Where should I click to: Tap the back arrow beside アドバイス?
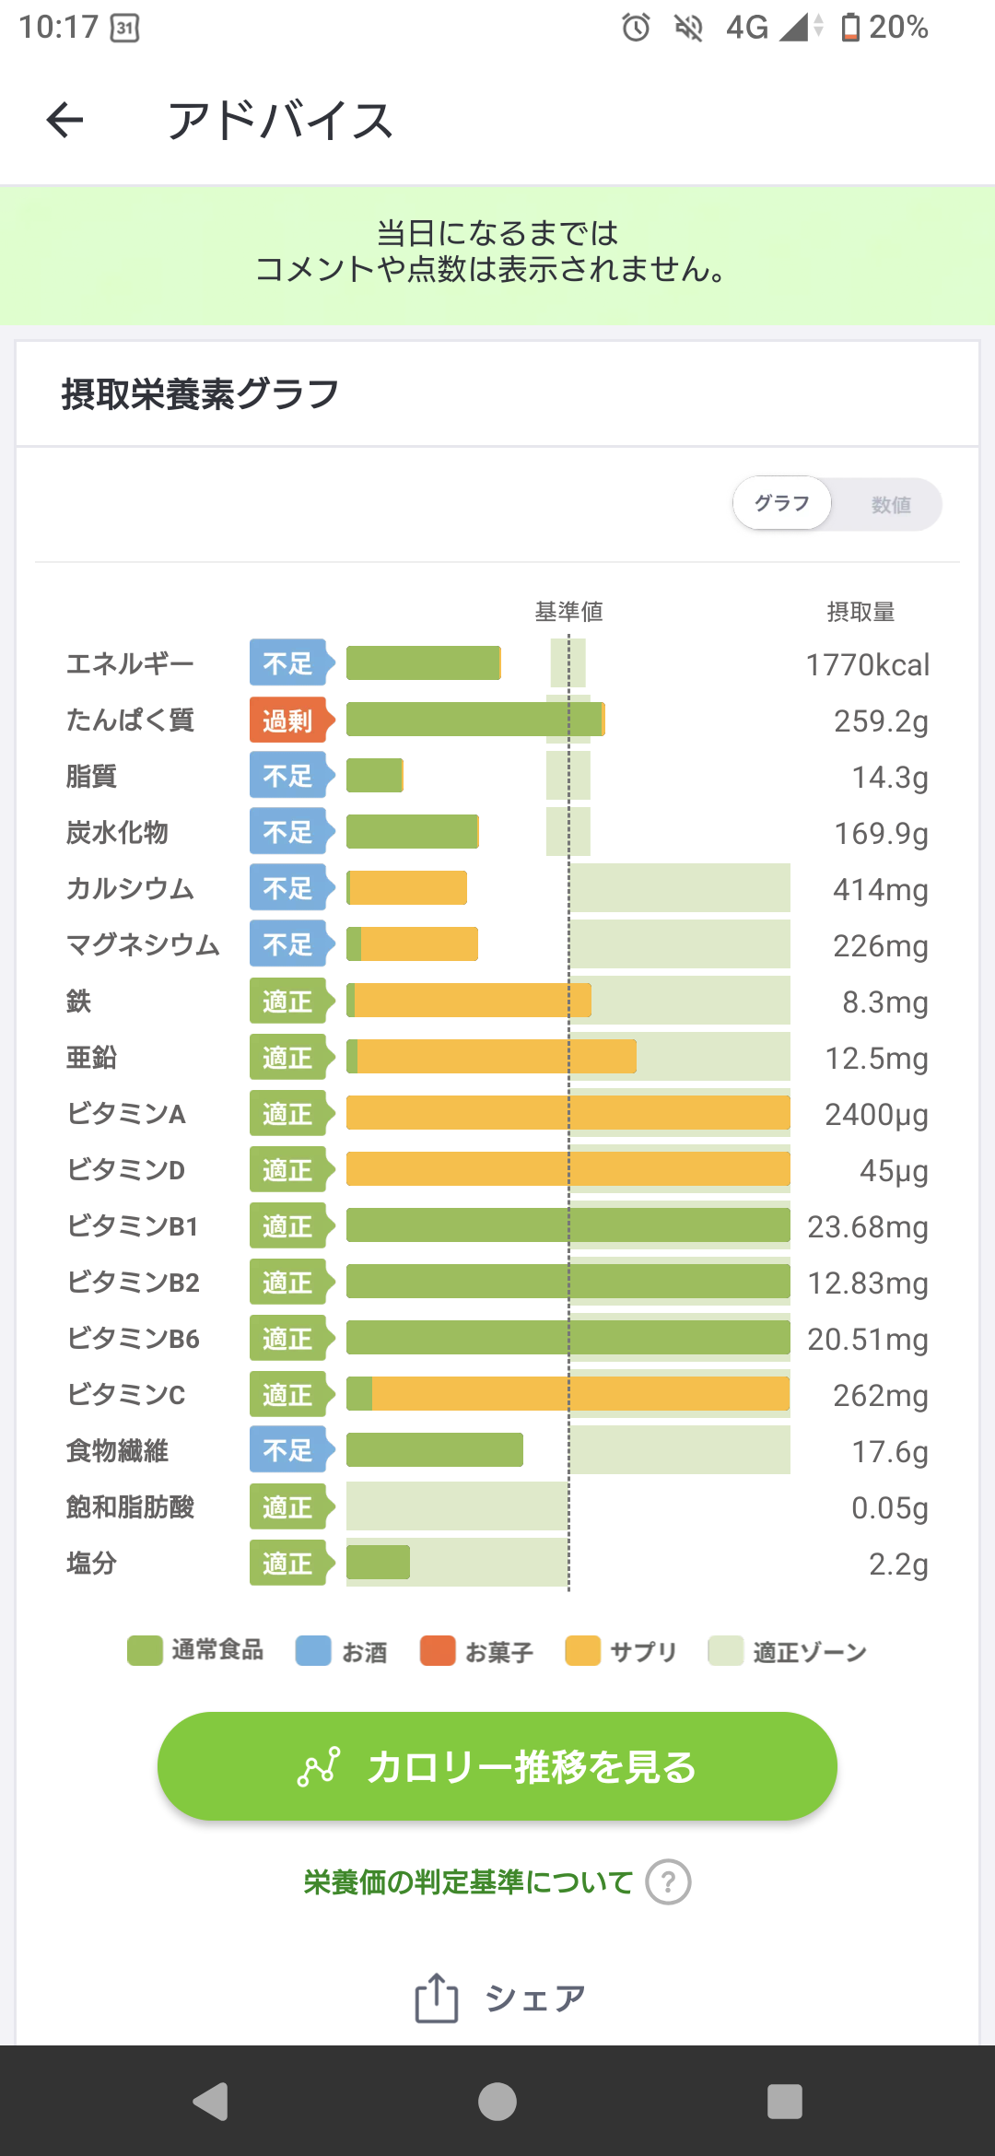[x=64, y=120]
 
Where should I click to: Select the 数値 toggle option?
[x=891, y=505]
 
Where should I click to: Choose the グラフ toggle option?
[x=782, y=503]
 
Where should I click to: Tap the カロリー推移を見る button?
[x=497, y=1765]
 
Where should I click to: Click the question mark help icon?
[x=668, y=1881]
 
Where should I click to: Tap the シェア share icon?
[x=436, y=1998]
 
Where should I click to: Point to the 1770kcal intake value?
[x=867, y=664]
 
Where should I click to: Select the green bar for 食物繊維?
[x=435, y=1450]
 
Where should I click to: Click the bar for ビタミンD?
[x=568, y=1169]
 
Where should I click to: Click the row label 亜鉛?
[x=91, y=1058]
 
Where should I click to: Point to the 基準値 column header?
[x=569, y=612]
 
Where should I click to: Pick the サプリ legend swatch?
[x=583, y=1651]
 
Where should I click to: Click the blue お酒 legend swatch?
[x=313, y=1651]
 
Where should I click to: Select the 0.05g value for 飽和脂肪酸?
[x=889, y=1508]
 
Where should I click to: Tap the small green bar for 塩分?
[x=378, y=1563]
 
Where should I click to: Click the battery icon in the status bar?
[x=850, y=28]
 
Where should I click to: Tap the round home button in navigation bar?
[x=497, y=2102]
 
